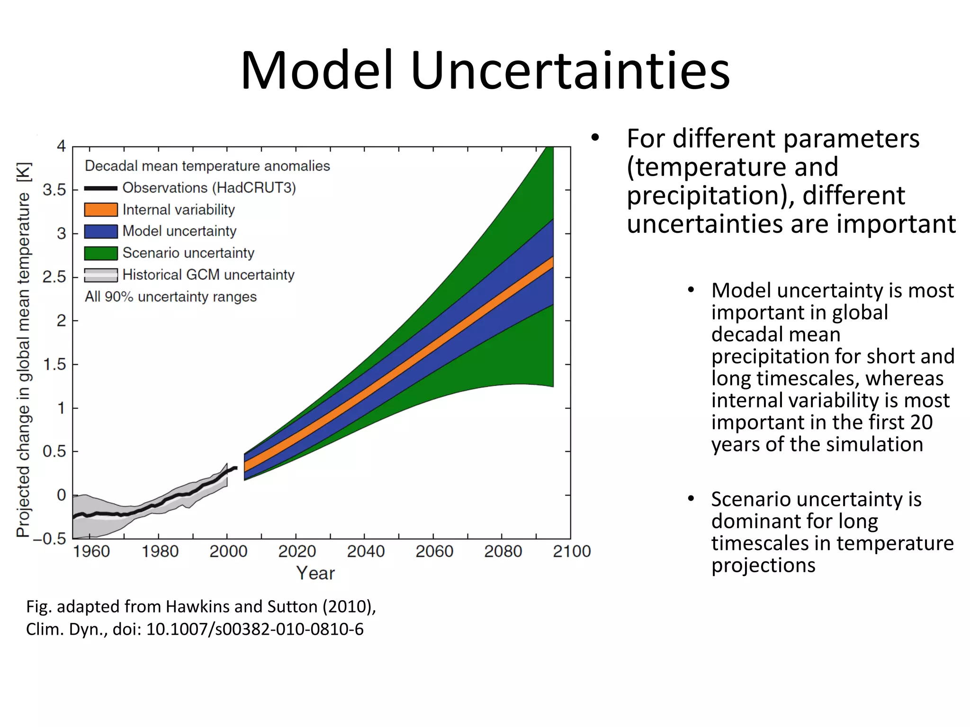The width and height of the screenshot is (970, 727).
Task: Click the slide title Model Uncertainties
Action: [x=485, y=71]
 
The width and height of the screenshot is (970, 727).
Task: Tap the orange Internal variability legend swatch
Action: [x=101, y=210]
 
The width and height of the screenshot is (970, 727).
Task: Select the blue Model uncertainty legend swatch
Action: [x=101, y=231]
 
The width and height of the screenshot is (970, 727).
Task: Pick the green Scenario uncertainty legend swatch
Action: [x=101, y=253]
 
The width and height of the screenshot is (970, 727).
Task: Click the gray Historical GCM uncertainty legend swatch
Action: [x=101, y=275]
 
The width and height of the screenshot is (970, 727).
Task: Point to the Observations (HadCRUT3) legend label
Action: [x=209, y=188]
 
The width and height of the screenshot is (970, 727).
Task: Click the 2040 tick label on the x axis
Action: [x=365, y=551]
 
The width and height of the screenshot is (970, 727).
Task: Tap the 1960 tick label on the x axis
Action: [x=91, y=551]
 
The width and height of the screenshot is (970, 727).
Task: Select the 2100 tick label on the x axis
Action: [x=572, y=551]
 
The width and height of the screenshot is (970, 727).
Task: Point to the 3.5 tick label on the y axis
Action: [x=54, y=190]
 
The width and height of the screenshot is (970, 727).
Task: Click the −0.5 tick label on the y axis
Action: [x=49, y=539]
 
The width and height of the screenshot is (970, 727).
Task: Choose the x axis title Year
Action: [x=315, y=573]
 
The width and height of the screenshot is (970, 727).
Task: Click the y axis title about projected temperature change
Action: [x=24, y=350]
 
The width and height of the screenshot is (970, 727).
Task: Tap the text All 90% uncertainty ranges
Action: [x=171, y=297]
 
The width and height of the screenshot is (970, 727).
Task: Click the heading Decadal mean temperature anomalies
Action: [x=207, y=166]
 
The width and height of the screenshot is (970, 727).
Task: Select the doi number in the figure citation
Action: [x=255, y=629]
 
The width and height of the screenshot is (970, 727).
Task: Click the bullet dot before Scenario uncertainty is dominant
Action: [x=691, y=498]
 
